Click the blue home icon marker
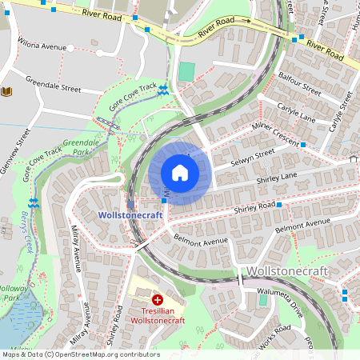point(180,173)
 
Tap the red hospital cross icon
point(158,299)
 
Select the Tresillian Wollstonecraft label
point(158,315)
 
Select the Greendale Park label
point(84,146)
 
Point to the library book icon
point(7,92)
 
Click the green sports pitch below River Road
point(186,72)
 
